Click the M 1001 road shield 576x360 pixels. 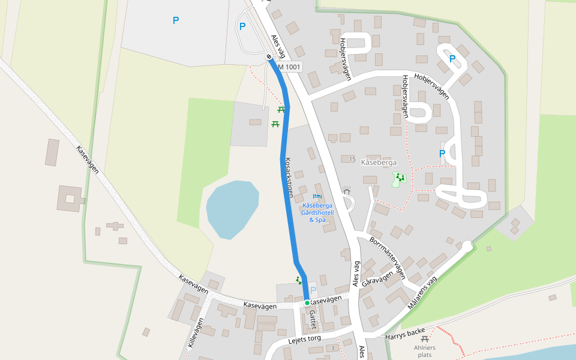289,67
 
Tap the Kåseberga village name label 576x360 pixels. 379,162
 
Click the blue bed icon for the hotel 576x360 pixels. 317,196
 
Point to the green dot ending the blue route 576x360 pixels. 307,303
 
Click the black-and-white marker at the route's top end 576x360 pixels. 269,57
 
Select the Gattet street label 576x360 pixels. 313,320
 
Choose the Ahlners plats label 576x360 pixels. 425,351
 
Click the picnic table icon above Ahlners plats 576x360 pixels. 425,339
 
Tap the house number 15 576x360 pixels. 352,159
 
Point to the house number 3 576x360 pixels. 332,348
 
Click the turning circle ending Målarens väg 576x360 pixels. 467,246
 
